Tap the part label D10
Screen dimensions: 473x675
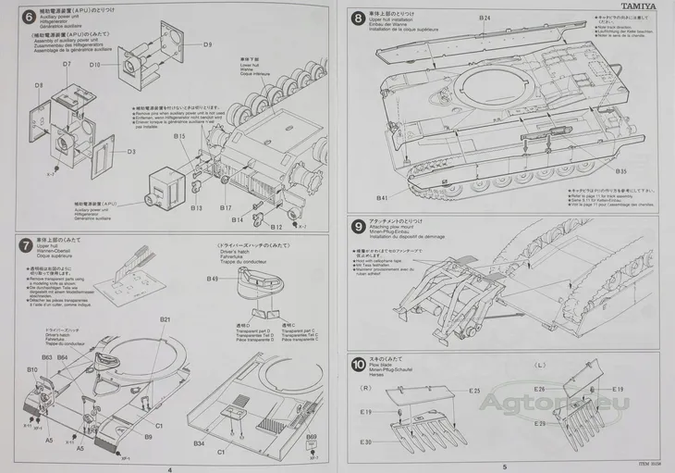(x=95, y=65)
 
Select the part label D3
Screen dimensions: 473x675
(x=131, y=151)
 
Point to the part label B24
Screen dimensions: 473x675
(x=485, y=19)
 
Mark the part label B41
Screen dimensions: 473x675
(x=382, y=197)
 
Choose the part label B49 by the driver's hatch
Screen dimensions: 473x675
(x=213, y=279)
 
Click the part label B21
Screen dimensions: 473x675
(x=165, y=319)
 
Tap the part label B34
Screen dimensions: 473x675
(x=199, y=444)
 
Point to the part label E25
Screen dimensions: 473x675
(x=474, y=391)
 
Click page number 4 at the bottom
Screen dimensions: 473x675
(x=169, y=468)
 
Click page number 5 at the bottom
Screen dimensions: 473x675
(x=505, y=468)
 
